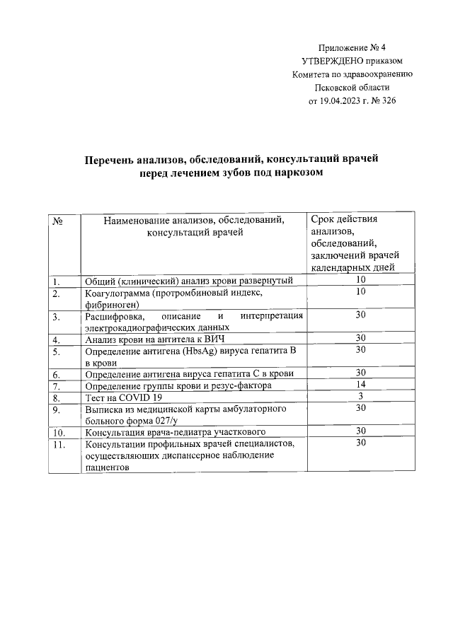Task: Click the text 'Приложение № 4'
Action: tap(352, 49)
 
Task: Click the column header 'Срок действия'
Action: tap(344, 219)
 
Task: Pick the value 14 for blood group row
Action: tap(360, 384)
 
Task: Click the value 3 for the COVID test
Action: tap(360, 396)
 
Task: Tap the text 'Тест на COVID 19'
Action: tap(119, 398)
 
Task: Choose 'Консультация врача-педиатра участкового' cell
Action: tap(175, 432)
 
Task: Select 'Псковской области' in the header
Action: tap(352, 88)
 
